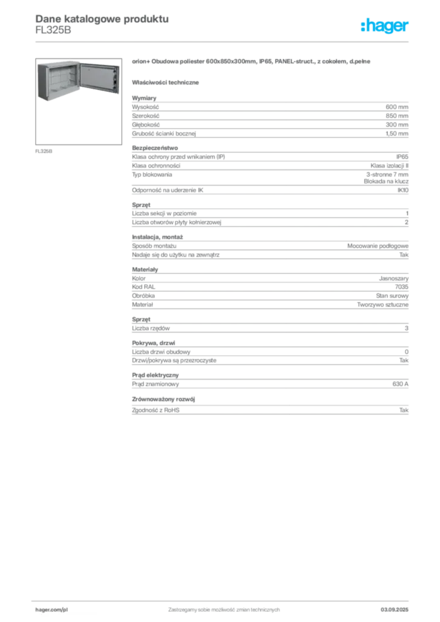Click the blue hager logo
(x=386, y=27)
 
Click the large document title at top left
(x=101, y=18)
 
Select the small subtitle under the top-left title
(x=53, y=33)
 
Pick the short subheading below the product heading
(x=167, y=82)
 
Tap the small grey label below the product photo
(x=44, y=151)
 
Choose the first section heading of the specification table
(x=146, y=95)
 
